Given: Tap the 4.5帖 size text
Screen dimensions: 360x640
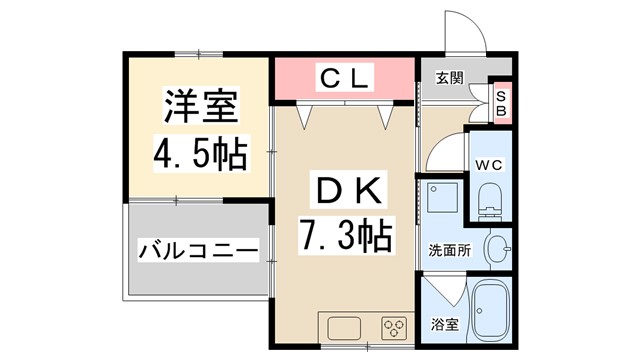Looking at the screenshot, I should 200,154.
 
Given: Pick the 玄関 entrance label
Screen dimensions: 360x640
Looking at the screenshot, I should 449,78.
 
